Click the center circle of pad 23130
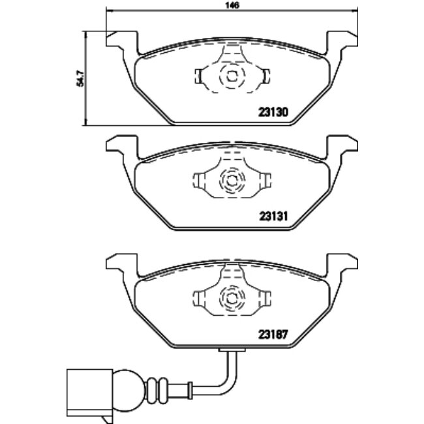pos(232,76)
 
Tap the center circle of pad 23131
pos(232,179)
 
